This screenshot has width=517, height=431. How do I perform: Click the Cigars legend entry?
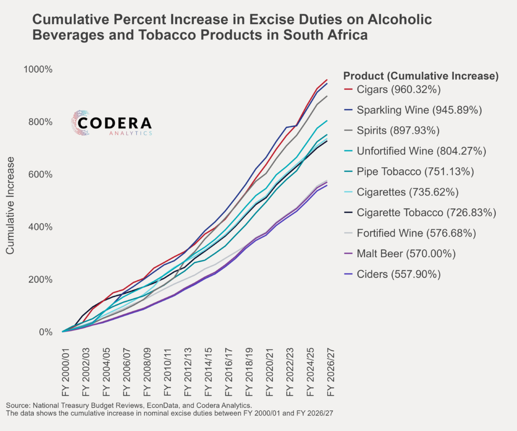click(399, 89)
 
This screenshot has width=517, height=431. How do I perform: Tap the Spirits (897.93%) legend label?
click(399, 130)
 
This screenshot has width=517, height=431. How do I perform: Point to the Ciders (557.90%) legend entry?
click(399, 274)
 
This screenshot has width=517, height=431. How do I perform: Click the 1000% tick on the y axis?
click(38, 70)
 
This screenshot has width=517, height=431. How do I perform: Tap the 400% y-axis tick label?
click(40, 227)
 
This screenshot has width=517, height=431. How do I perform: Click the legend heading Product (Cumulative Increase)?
click(421, 76)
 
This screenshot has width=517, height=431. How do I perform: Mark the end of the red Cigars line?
click(327, 80)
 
